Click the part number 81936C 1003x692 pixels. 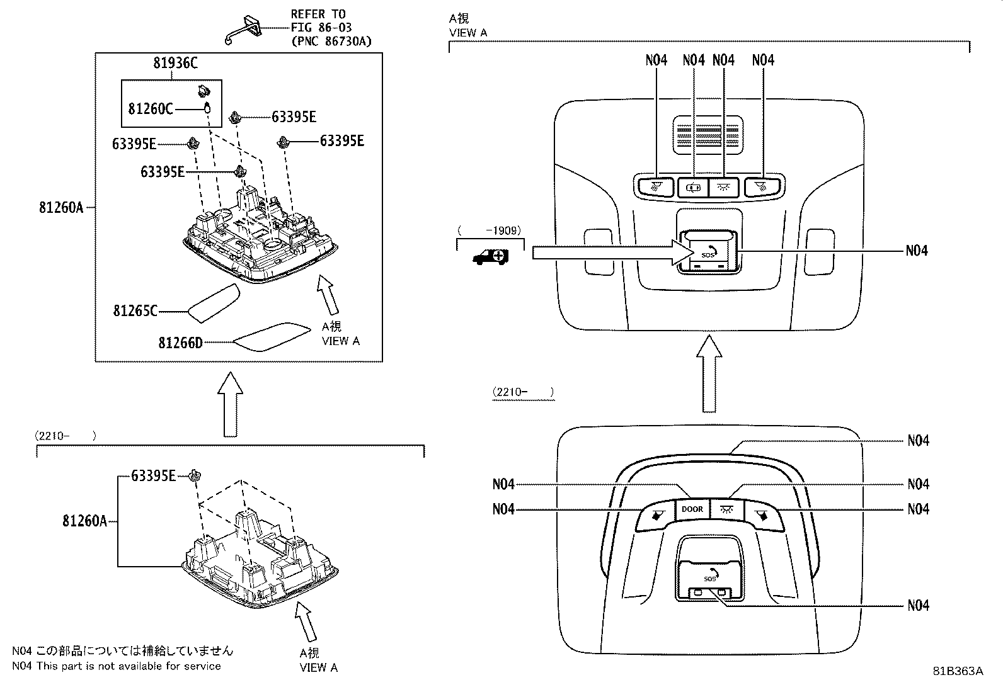pyautogui.click(x=175, y=63)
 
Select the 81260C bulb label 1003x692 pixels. pyautogui.click(x=151, y=109)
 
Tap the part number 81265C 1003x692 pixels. pyautogui.click(x=135, y=310)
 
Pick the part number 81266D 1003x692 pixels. pyautogui.click(x=180, y=343)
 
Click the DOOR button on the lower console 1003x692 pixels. pyautogui.click(x=692, y=509)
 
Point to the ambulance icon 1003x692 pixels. pyautogui.click(x=491, y=257)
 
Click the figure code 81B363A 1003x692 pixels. pyautogui.click(x=958, y=671)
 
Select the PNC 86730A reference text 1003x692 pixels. pyautogui.click(x=331, y=42)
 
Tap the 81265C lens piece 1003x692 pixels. pyautogui.click(x=214, y=303)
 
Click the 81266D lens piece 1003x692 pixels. pyautogui.click(x=272, y=337)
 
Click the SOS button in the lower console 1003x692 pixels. pyautogui.click(x=709, y=577)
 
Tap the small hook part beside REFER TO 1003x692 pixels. pyautogui.click(x=244, y=30)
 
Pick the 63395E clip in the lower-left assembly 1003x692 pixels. pyautogui.click(x=195, y=476)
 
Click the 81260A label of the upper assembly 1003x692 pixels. pyautogui.click(x=61, y=208)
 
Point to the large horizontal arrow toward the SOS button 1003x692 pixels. pyautogui.click(x=613, y=253)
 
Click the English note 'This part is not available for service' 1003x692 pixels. pyautogui.click(x=129, y=666)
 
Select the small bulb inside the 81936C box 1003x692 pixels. pyautogui.click(x=207, y=108)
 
